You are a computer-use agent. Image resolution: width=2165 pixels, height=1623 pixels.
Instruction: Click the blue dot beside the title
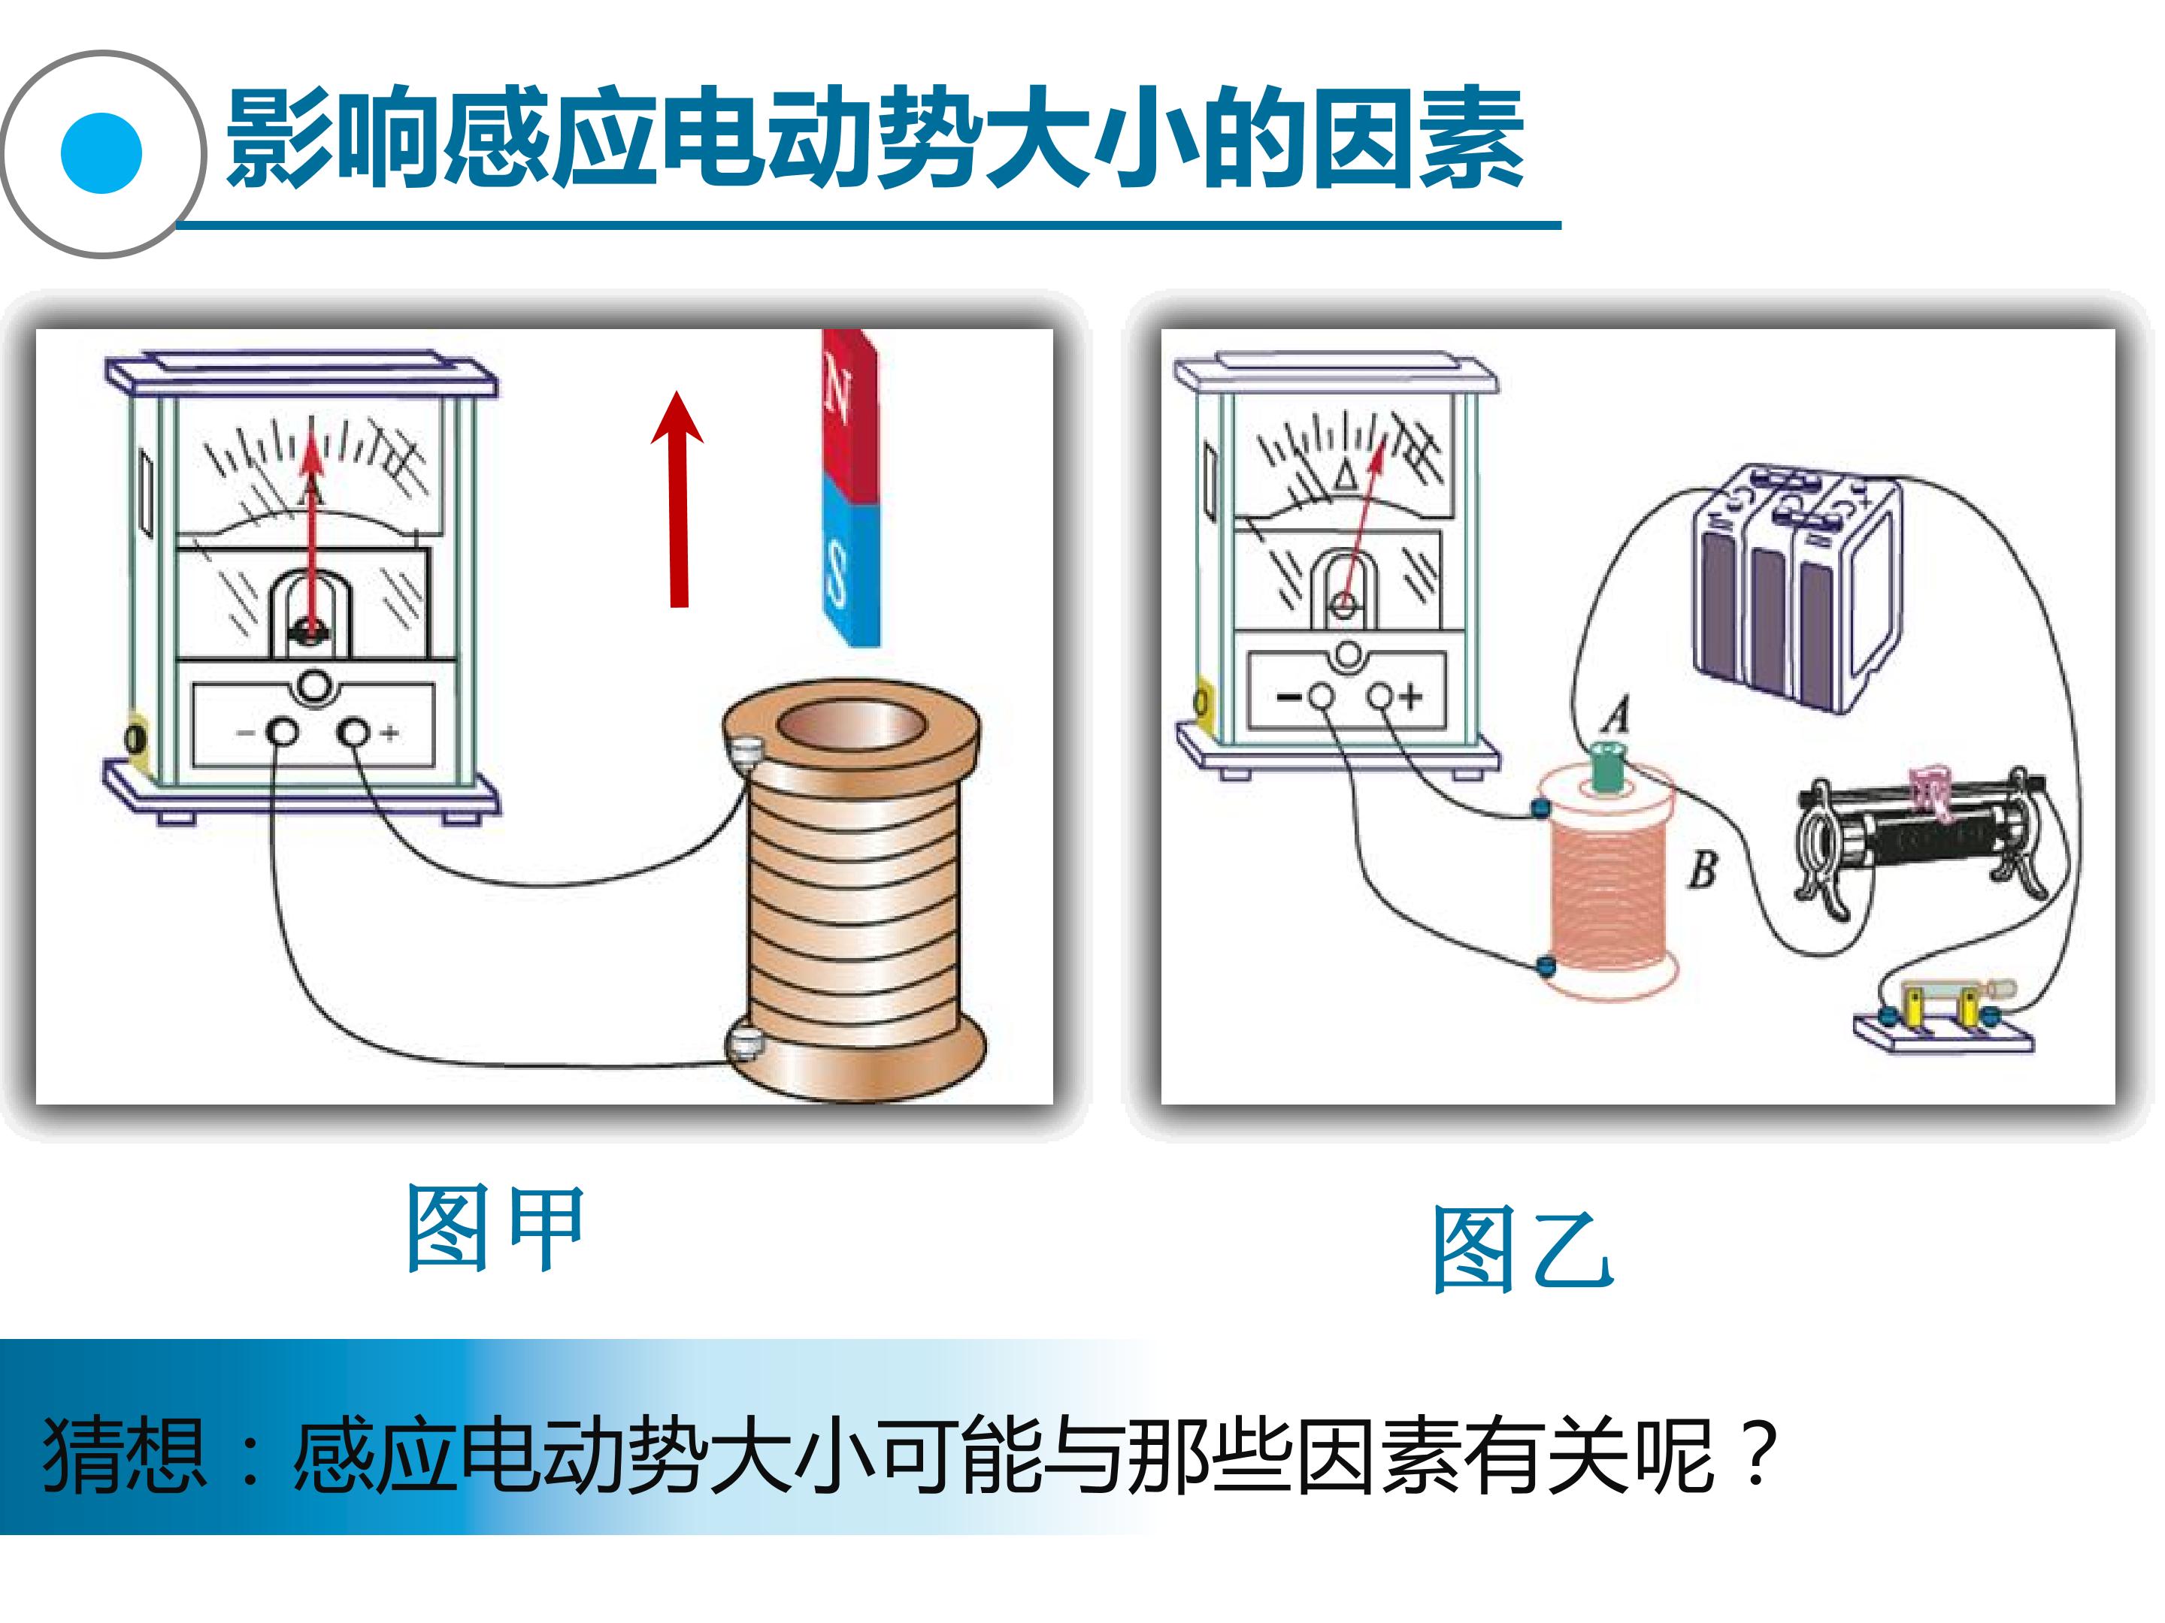(101, 153)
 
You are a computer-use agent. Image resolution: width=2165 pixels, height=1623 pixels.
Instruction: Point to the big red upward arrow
(677, 499)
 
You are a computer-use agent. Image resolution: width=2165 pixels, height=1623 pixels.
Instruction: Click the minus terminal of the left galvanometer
(283, 732)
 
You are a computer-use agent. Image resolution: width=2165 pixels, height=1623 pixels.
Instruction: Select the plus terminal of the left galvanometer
(353, 732)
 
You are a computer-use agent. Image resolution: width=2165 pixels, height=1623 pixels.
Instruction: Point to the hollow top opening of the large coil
(849, 728)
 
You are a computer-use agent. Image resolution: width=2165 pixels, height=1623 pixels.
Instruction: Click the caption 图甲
(495, 1229)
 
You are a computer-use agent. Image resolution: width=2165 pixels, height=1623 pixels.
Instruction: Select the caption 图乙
(1522, 1250)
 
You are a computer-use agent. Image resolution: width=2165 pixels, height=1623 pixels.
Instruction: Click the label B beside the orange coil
(1702, 868)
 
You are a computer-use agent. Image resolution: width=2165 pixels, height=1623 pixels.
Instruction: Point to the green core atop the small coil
(1606, 767)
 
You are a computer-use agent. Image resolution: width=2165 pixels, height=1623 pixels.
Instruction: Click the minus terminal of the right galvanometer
(1322, 697)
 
